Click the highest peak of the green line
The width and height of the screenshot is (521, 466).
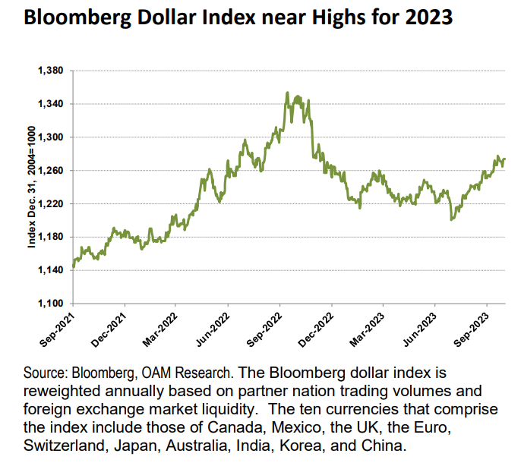coord(286,93)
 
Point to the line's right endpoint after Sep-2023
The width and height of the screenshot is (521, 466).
coord(505,159)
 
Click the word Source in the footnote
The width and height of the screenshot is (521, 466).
coord(45,375)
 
